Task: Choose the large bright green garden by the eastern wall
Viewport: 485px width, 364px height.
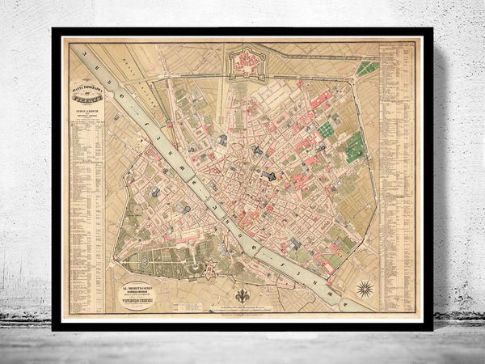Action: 355,149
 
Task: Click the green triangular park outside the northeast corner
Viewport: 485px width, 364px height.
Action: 367,68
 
